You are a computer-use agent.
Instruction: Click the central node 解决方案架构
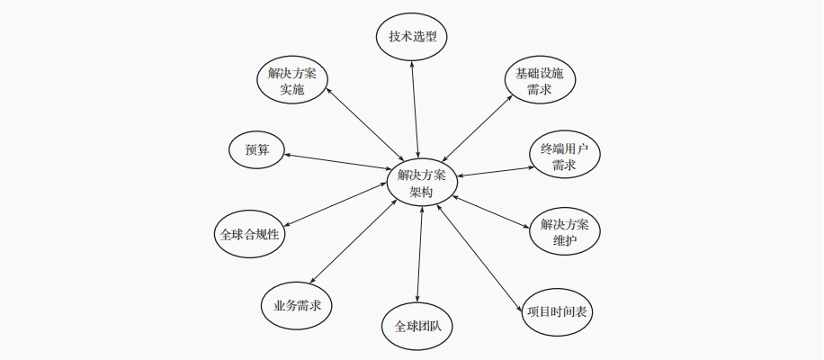421,184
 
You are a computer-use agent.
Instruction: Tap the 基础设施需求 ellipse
539,81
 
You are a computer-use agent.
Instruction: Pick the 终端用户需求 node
564,157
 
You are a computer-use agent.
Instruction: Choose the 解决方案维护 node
565,232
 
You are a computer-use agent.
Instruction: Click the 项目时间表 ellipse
558,311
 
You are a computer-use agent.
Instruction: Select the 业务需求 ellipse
297,305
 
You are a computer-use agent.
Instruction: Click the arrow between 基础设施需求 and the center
477,129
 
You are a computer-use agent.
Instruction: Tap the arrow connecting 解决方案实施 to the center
363,124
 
